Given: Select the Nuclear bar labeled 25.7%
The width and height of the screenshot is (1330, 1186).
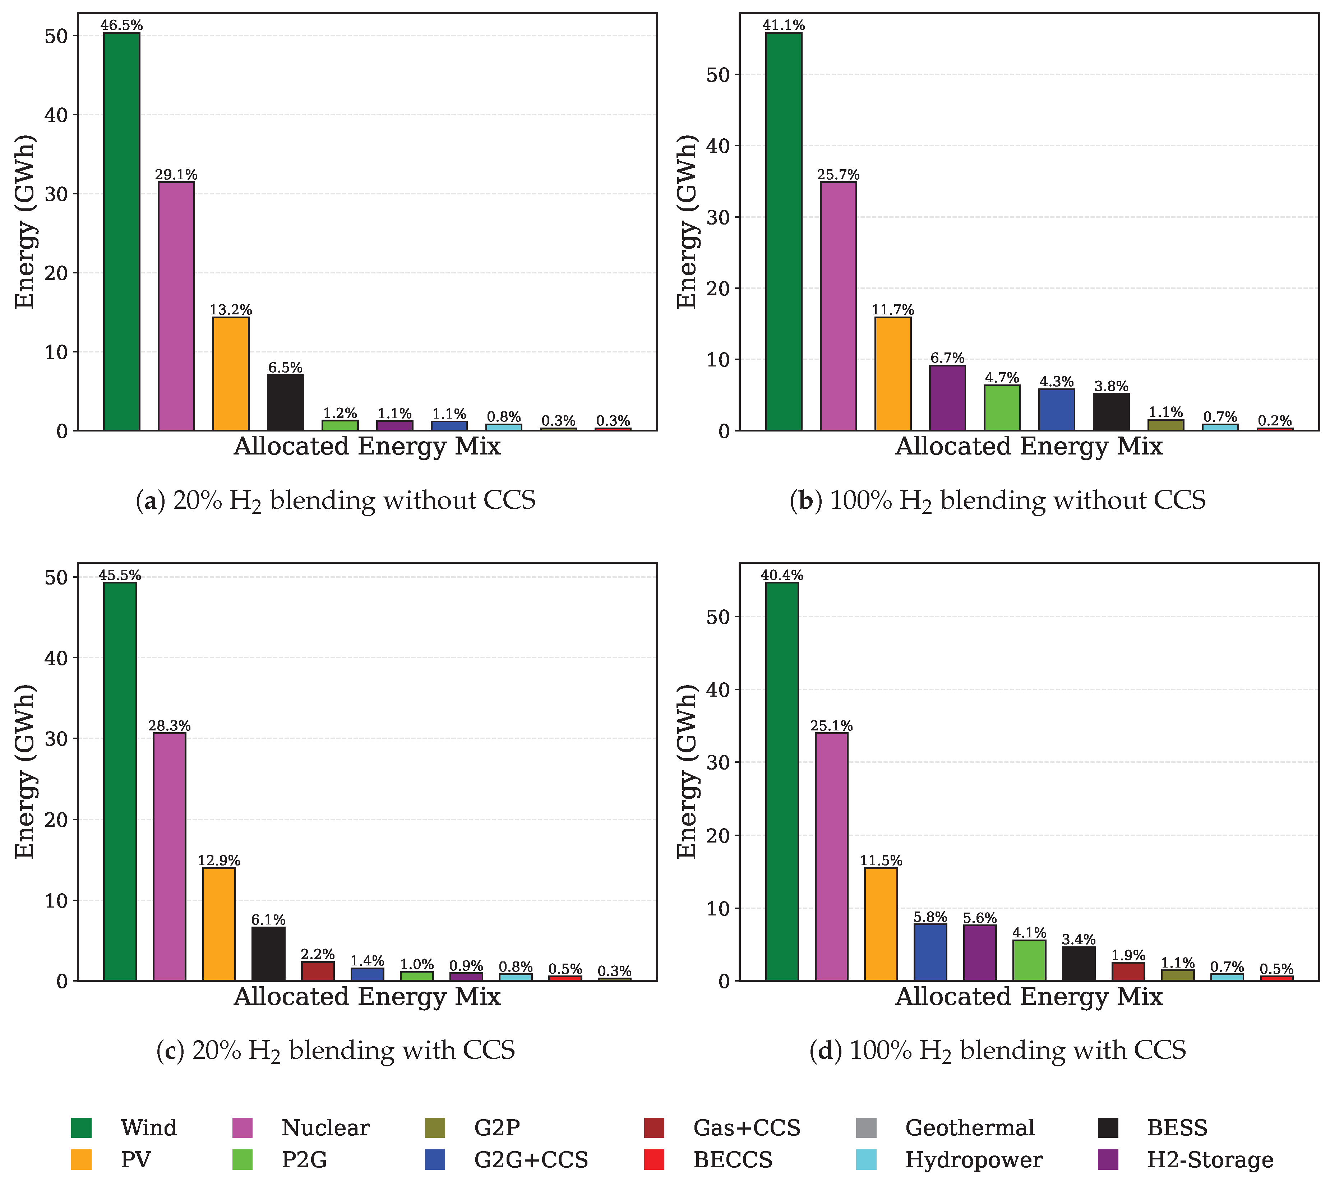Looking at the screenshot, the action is pos(838,306).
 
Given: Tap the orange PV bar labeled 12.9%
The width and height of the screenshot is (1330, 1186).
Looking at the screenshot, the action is pos(219,924).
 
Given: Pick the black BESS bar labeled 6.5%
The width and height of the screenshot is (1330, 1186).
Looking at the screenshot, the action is pos(285,402).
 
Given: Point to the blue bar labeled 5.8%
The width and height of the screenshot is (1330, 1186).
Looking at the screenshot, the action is pos(930,952).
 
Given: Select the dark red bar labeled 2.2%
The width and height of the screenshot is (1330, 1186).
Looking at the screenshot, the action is pos(318,971).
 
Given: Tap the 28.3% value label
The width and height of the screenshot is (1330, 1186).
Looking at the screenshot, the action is pos(170,726).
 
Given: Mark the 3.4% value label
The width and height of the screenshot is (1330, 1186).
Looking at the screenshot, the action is pos(1079,940).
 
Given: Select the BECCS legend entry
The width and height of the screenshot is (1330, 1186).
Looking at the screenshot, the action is pos(708,1160).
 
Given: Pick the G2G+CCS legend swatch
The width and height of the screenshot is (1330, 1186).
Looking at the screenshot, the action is pos(435,1160).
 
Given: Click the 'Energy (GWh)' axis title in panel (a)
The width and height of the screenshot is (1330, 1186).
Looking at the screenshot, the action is pos(25,222).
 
